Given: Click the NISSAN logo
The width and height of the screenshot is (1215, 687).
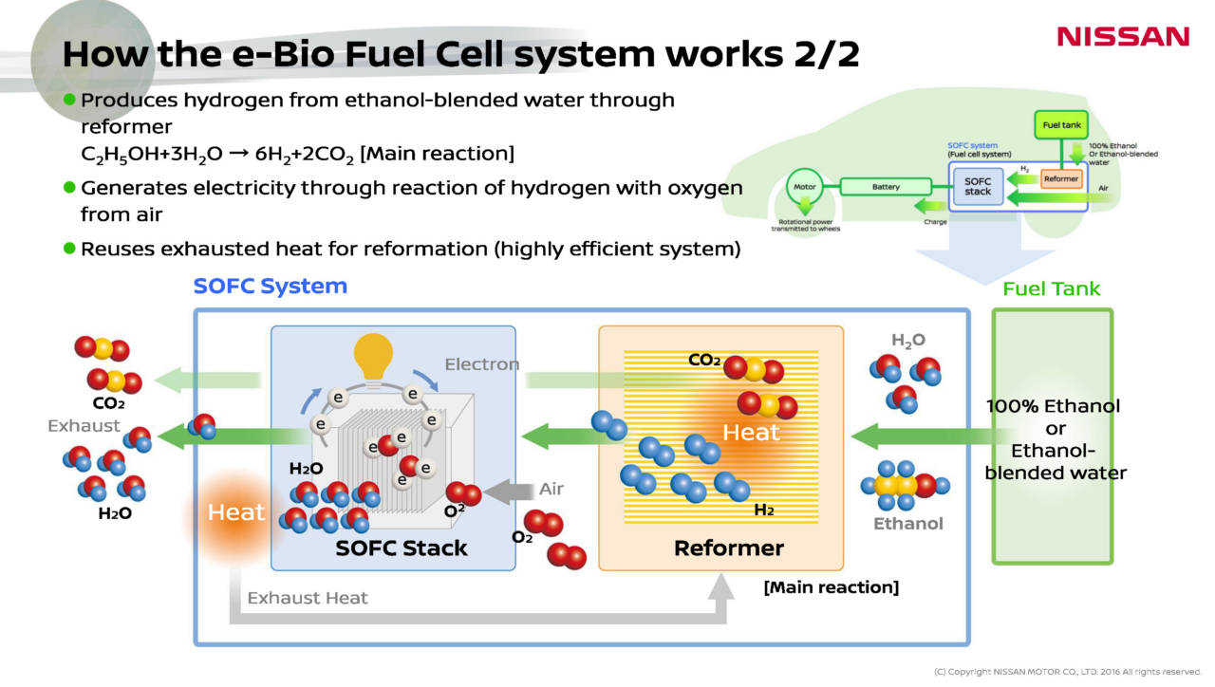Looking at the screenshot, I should [x=1123, y=37].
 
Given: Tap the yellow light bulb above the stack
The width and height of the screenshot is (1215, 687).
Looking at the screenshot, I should [x=373, y=358].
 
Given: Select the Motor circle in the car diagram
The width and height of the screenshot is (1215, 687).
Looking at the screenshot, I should [x=805, y=187].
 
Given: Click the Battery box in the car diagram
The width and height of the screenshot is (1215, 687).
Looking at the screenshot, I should [x=886, y=187].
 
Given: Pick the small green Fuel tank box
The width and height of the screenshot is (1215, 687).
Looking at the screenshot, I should [x=1060, y=125].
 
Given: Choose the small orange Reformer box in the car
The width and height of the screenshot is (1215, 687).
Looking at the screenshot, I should [x=1060, y=178].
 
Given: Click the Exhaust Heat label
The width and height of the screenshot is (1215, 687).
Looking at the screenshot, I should [x=308, y=598].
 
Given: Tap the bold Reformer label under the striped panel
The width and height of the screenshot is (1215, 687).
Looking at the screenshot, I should [x=729, y=548].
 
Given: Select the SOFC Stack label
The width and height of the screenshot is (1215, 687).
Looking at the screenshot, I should [x=402, y=548].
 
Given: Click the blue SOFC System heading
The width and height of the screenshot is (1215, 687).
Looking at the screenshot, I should [x=271, y=286].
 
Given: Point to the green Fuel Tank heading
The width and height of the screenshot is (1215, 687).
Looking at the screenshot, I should [x=1052, y=288].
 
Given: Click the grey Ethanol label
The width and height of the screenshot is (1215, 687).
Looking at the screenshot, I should [x=908, y=524].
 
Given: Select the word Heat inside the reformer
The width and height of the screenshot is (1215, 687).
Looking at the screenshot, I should [x=751, y=433].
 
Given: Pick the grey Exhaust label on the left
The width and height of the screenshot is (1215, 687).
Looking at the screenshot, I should [x=84, y=426].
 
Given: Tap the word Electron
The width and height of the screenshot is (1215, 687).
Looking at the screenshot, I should [x=482, y=364].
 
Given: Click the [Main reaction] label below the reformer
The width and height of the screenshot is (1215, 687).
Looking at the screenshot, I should [x=831, y=587].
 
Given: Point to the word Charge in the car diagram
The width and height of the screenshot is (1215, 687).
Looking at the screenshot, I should [x=935, y=222].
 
